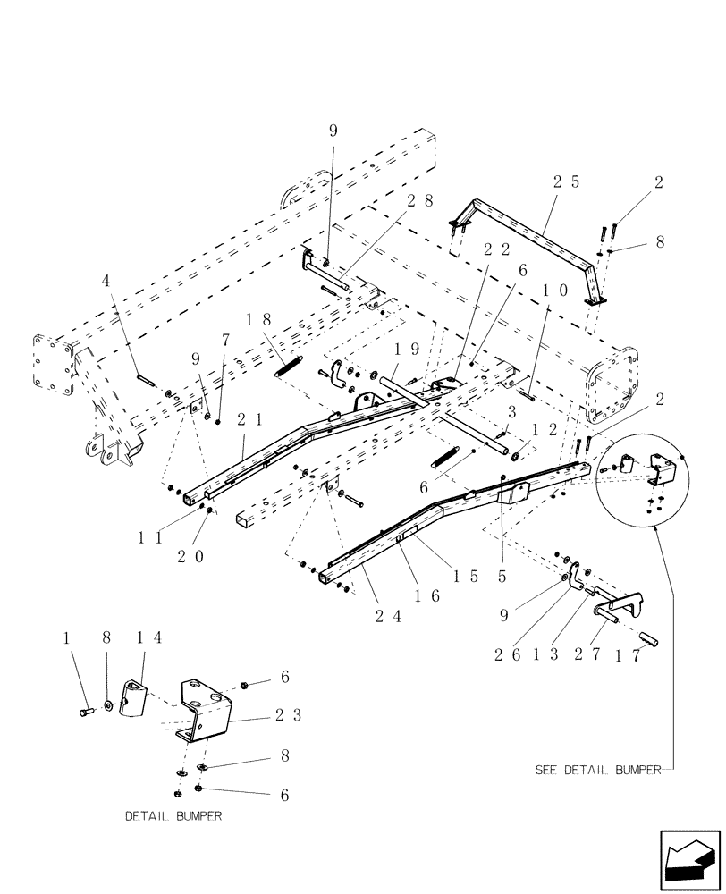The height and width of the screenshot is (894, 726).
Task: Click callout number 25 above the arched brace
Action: [x=566, y=181]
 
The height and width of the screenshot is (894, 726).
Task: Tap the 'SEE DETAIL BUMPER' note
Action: [x=596, y=769]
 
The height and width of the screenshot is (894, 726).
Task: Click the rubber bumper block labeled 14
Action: [x=132, y=697]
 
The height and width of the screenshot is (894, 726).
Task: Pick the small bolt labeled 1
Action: [x=86, y=711]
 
